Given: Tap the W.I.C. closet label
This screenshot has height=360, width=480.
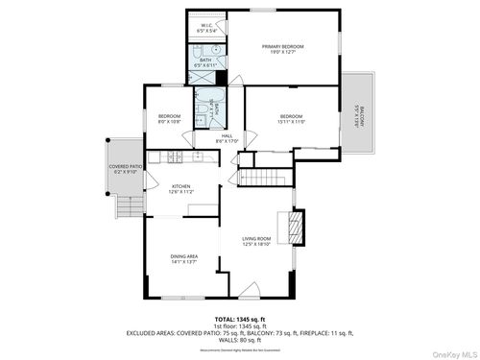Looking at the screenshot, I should tap(206, 28).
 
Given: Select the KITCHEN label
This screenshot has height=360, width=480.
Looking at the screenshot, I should tap(181, 189).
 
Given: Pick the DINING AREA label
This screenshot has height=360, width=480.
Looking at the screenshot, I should tap(184, 259).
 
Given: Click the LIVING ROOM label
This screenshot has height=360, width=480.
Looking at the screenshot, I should tap(256, 241).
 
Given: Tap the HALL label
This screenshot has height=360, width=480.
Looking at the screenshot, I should tap(228, 138).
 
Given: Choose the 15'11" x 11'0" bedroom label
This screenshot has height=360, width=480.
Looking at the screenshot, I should tap(291, 119).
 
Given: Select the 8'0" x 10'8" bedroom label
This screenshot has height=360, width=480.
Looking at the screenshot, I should tap(169, 119).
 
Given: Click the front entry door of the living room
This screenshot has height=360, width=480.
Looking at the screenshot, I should tap(249, 291).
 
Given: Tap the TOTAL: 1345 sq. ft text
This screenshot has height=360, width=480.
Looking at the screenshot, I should tap(240, 319).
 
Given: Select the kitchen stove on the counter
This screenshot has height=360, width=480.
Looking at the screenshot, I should tap(173, 156).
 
